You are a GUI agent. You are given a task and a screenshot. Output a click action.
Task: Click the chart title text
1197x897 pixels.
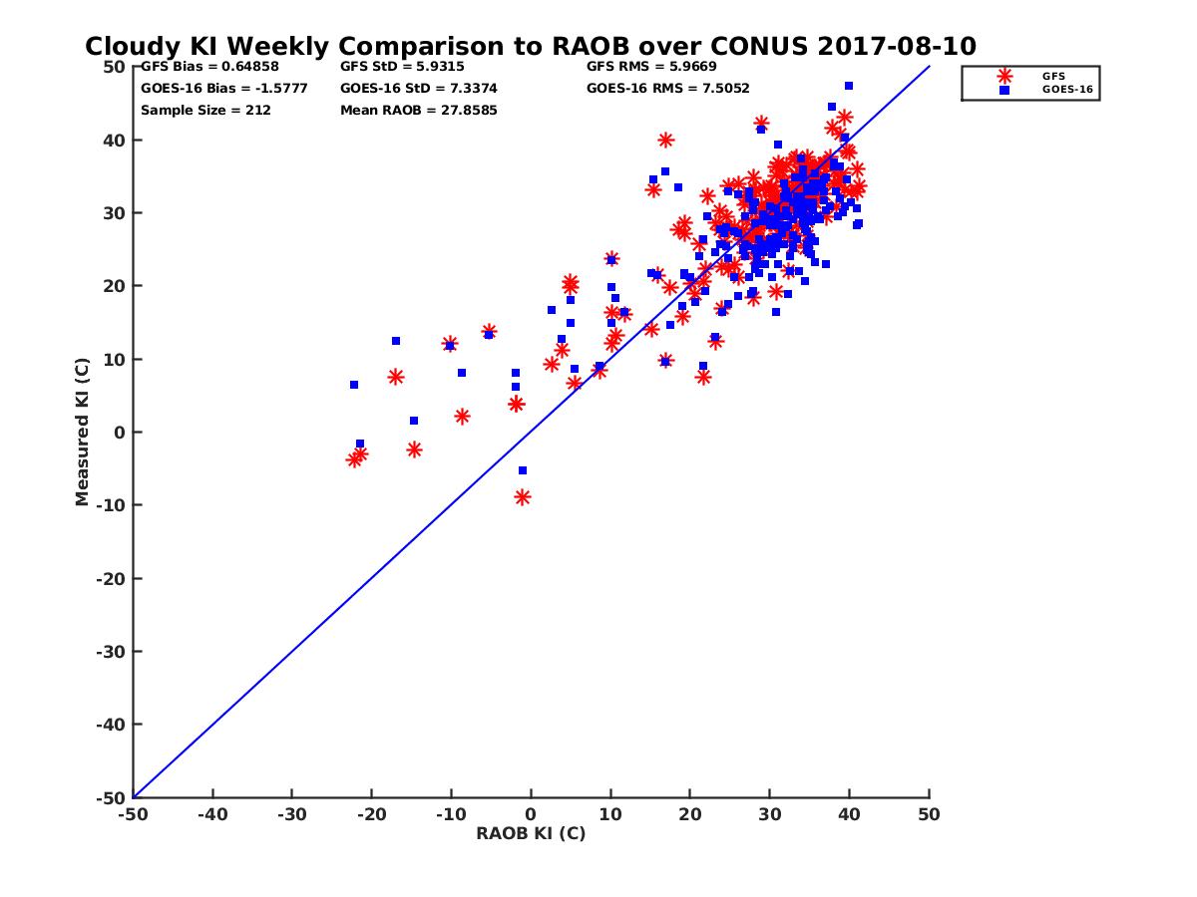coord(530,47)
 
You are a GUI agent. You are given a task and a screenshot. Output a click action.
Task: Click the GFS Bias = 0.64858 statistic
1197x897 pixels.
coord(209,67)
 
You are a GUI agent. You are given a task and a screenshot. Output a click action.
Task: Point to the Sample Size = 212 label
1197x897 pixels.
coord(205,110)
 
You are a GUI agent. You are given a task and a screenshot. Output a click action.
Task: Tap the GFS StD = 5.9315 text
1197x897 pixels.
coord(402,67)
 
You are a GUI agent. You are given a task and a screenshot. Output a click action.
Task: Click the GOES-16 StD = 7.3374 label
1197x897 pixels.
coord(418,88)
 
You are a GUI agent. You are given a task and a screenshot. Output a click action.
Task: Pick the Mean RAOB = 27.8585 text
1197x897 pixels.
coord(418,110)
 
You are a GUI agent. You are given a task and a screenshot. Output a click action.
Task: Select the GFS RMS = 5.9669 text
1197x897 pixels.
coord(651,67)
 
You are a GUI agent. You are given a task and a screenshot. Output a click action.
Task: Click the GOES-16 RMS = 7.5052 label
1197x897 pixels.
coord(667,88)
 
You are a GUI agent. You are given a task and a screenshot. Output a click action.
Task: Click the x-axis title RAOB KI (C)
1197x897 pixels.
coord(531,833)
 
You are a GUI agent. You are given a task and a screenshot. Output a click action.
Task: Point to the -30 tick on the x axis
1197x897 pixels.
coord(291,814)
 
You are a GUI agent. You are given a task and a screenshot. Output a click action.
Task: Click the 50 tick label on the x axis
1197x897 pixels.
coord(929,814)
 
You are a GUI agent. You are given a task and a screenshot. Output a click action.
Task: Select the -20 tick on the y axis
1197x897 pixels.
coord(110,578)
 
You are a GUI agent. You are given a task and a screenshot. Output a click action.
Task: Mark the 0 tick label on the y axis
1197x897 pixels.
coord(119,432)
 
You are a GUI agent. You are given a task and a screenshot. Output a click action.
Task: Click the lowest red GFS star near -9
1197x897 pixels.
coord(522,497)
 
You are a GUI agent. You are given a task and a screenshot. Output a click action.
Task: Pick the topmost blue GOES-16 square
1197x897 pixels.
coord(848,86)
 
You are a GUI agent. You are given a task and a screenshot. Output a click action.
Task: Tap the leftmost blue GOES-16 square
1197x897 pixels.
coord(354,385)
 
